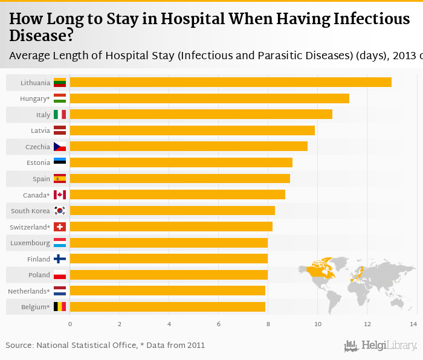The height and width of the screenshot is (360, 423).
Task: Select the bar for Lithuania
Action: pos(230,82)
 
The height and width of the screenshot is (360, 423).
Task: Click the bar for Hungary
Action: pos(209,98)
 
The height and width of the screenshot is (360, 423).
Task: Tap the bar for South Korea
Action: pos(172,211)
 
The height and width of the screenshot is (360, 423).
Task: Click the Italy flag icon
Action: pos(60,114)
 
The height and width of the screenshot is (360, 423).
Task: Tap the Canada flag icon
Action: pos(60,194)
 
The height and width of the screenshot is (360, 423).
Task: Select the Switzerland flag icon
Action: pos(60,227)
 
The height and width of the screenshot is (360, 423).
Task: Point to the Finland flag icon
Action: pos(60,259)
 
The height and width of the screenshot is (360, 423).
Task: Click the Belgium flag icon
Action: pos(60,307)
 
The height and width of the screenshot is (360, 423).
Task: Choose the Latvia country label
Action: pos(40,130)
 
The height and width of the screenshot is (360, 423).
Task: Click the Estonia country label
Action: pos(39,162)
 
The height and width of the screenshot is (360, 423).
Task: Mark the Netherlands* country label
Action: pos(29,291)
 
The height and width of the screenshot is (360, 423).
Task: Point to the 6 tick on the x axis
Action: pos(219,324)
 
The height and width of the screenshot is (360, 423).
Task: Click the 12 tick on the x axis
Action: pos(367,324)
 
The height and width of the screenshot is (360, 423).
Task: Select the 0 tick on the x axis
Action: pos(70,324)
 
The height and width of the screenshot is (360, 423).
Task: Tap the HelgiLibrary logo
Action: pos(381,346)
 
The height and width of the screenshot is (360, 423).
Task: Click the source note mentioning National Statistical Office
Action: pos(105,346)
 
